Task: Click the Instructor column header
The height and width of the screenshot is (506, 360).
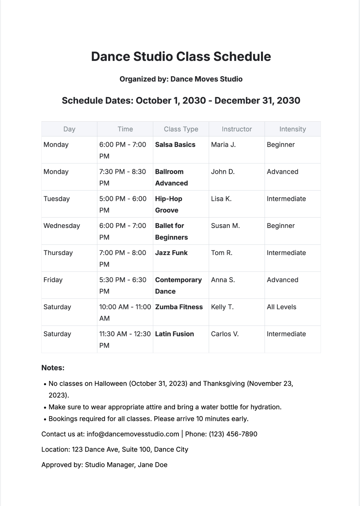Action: pos(236,129)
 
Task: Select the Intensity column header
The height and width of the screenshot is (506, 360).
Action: pos(293,129)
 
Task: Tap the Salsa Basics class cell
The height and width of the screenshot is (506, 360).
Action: pos(175,145)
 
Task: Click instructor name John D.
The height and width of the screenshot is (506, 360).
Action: pos(223,172)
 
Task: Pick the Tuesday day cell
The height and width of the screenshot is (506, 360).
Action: pos(56,199)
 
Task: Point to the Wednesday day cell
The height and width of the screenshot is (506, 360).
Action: pos(62,226)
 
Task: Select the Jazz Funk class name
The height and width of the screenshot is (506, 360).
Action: pos(171,253)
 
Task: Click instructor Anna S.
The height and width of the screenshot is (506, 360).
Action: pos(223,280)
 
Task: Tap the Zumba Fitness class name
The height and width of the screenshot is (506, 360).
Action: pos(179,307)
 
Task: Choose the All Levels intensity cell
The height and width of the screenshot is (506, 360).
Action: pos(281,307)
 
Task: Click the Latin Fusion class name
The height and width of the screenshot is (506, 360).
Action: pos(174,334)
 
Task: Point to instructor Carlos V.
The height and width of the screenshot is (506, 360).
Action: pos(225,334)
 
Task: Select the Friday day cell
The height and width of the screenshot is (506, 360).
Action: pos(53,280)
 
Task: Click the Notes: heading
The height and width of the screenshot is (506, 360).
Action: pos(53,368)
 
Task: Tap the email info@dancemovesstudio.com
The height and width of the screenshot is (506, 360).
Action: pos(133,434)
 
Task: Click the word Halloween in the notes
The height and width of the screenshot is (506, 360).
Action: pos(111,384)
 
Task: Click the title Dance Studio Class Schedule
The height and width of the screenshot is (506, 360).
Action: pos(181,56)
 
